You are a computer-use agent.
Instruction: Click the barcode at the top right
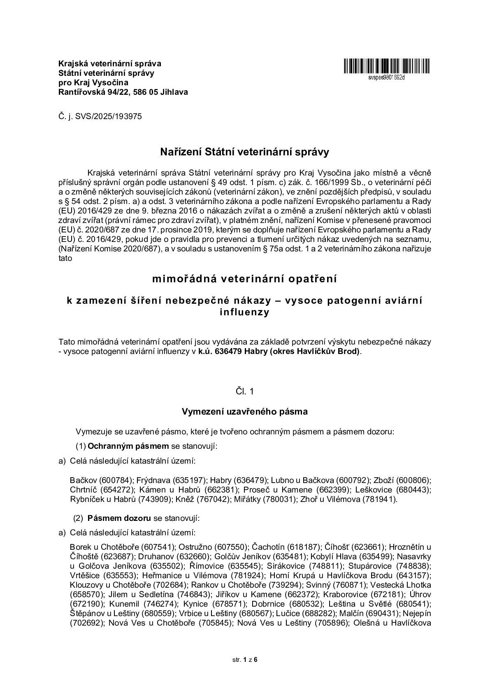coord(386,66)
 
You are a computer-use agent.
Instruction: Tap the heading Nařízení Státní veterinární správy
coord(245,152)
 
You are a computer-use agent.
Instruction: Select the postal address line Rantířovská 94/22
coord(123,92)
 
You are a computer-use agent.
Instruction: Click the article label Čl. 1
coord(245,392)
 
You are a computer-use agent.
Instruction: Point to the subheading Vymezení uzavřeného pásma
coord(245,411)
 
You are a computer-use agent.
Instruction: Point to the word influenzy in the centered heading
coord(245,312)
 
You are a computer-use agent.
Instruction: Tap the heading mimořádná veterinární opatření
coord(245,279)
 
